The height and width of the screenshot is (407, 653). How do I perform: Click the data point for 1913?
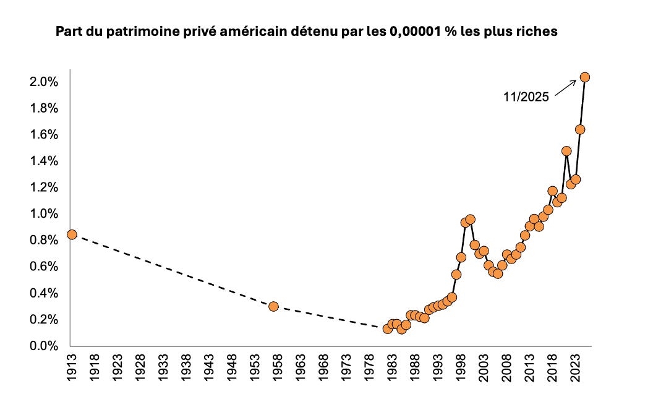pyautogui.click(x=72, y=234)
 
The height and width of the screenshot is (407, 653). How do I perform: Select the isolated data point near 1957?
pyautogui.click(x=273, y=306)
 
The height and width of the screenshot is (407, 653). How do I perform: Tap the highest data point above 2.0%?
pyautogui.click(x=584, y=77)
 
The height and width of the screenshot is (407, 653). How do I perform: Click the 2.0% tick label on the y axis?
pyautogui.click(x=46, y=82)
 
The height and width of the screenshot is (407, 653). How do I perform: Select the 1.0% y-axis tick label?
pyautogui.click(x=46, y=214)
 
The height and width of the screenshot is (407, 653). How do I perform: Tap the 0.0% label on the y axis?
pyautogui.click(x=46, y=346)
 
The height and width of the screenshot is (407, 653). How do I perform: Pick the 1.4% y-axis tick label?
pyautogui.click(x=46, y=161)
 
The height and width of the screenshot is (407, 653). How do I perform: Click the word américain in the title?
pyautogui.click(x=232, y=32)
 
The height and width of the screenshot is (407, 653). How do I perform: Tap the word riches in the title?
pyautogui.click(x=538, y=32)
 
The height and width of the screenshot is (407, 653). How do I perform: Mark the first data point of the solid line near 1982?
pyautogui.click(x=388, y=328)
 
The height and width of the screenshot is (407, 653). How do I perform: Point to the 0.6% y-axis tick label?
pyautogui.click(x=46, y=267)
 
